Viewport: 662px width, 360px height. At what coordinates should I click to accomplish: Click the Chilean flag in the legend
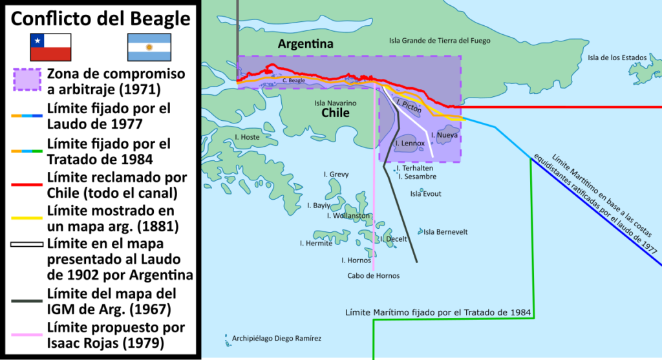(x=50, y=47)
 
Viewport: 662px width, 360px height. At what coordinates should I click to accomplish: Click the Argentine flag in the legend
(x=149, y=47)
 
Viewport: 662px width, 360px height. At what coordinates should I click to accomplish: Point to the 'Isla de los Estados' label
(x=617, y=58)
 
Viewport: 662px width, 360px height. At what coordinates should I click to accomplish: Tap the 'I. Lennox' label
(x=410, y=143)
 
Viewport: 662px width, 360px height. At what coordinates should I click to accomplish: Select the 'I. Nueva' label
(x=444, y=135)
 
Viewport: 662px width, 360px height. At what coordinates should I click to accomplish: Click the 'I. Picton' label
(x=408, y=106)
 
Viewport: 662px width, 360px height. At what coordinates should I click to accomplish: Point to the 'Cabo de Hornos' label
(x=373, y=275)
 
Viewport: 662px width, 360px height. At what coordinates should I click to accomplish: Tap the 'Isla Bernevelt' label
(x=445, y=232)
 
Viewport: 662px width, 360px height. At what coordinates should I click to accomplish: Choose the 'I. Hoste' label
(x=247, y=137)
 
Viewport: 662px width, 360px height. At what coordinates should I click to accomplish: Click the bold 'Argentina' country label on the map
(x=305, y=45)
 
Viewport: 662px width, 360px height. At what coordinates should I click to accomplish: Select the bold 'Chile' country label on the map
(x=336, y=113)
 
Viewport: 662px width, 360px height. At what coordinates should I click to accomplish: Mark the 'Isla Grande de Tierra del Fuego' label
(x=439, y=40)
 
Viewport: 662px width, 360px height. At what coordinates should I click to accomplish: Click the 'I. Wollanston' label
(x=348, y=215)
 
